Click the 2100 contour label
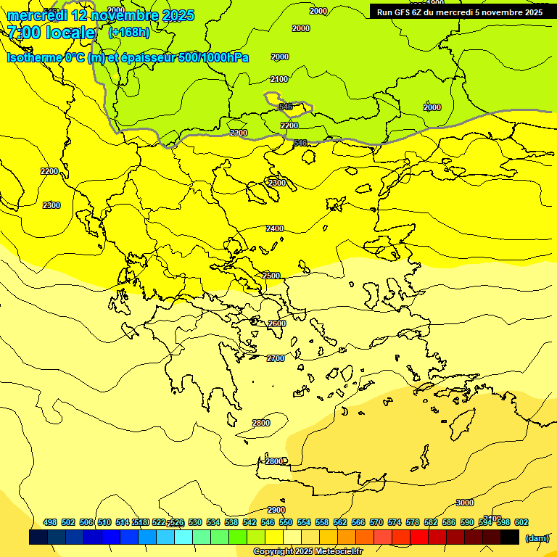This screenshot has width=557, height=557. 278,79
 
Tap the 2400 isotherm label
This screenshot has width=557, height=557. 274,228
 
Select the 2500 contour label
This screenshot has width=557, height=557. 271,276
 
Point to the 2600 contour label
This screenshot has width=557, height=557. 277,323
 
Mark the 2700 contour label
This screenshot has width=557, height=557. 276,358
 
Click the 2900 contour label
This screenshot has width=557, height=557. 276,510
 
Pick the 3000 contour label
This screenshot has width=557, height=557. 465,503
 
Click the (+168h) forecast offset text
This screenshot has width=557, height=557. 129,33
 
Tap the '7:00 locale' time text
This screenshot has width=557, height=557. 51,33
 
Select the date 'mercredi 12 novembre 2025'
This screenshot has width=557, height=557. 101,15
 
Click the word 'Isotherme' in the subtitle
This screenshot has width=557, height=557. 33,57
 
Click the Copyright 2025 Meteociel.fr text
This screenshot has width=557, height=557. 308,551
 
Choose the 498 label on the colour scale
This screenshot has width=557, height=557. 50,522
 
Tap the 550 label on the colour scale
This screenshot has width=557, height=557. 286,522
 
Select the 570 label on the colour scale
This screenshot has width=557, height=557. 376,522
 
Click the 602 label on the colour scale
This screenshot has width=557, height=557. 521,522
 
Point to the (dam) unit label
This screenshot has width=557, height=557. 537,537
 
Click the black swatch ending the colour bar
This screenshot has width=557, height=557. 510,537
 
